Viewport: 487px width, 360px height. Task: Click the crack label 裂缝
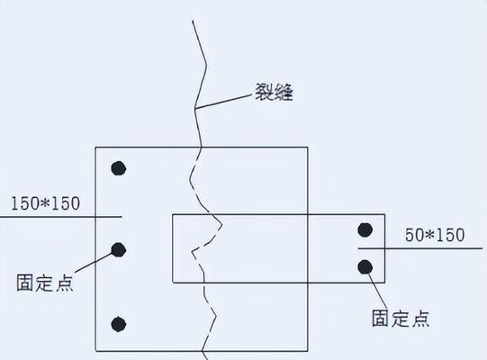point(274,92)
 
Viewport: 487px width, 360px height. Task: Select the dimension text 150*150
point(45,203)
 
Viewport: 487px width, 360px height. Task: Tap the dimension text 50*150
point(435,235)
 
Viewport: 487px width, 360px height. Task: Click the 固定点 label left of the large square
point(45,283)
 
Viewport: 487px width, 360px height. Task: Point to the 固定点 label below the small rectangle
point(401,318)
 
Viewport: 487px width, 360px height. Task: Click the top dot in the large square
point(118,168)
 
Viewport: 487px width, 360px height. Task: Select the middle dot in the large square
point(118,249)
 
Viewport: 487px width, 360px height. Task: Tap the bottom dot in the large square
point(118,324)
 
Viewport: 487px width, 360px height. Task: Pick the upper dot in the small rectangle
point(365,229)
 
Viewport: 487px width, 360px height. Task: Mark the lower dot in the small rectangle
point(365,267)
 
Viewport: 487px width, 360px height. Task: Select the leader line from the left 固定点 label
point(94,263)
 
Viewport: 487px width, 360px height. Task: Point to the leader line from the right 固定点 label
point(378,292)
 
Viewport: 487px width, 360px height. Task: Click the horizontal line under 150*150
point(61,217)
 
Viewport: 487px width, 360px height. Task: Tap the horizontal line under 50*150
point(420,248)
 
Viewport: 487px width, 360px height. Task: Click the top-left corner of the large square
point(95,148)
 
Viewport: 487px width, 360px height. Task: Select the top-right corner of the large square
point(308,148)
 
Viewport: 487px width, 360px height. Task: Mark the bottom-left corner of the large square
point(95,351)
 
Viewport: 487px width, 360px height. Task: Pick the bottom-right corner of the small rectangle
point(384,283)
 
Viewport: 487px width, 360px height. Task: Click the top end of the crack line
point(193,21)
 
